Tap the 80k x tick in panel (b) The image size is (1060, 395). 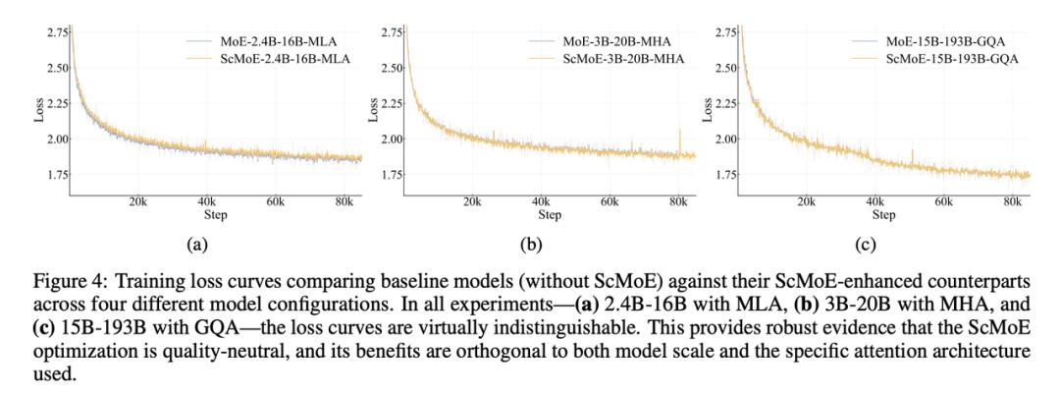pos(677,200)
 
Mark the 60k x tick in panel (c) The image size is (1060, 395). pos(944,200)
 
